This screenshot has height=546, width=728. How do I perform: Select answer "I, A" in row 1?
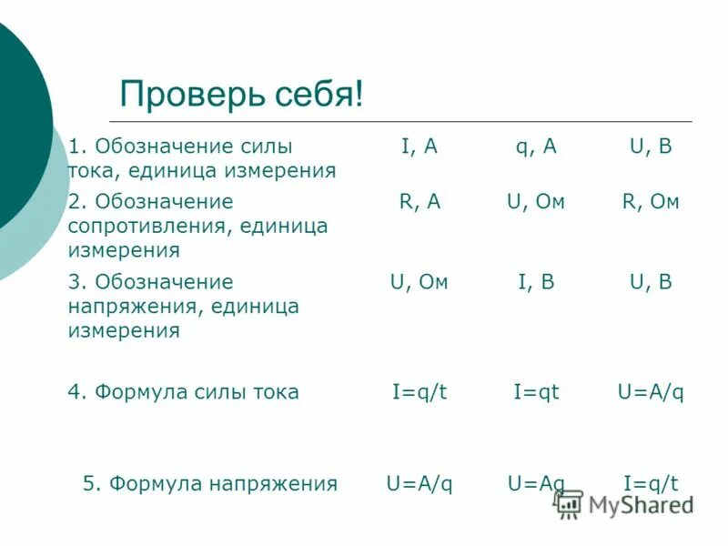(420, 147)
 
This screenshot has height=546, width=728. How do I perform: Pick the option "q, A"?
(536, 147)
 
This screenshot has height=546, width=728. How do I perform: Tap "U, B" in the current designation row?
(651, 147)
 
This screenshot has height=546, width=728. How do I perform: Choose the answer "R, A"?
(420, 203)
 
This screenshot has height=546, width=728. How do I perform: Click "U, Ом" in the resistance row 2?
(536, 203)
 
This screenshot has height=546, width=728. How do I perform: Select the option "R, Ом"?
(651, 203)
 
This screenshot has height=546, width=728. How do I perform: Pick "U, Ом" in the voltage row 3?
(420, 283)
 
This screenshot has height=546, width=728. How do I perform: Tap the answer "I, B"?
(536, 283)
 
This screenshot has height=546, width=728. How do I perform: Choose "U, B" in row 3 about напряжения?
(651, 283)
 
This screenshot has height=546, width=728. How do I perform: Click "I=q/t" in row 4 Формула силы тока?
(420, 392)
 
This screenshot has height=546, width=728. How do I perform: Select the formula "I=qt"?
(536, 392)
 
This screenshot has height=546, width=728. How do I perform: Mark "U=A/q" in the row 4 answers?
(651, 392)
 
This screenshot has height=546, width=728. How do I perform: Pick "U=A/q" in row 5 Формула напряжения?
(420, 484)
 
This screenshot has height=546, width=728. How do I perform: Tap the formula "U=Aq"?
(536, 484)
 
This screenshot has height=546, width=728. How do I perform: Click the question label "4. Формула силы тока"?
(183, 392)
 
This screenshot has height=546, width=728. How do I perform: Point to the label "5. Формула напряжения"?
(210, 484)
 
